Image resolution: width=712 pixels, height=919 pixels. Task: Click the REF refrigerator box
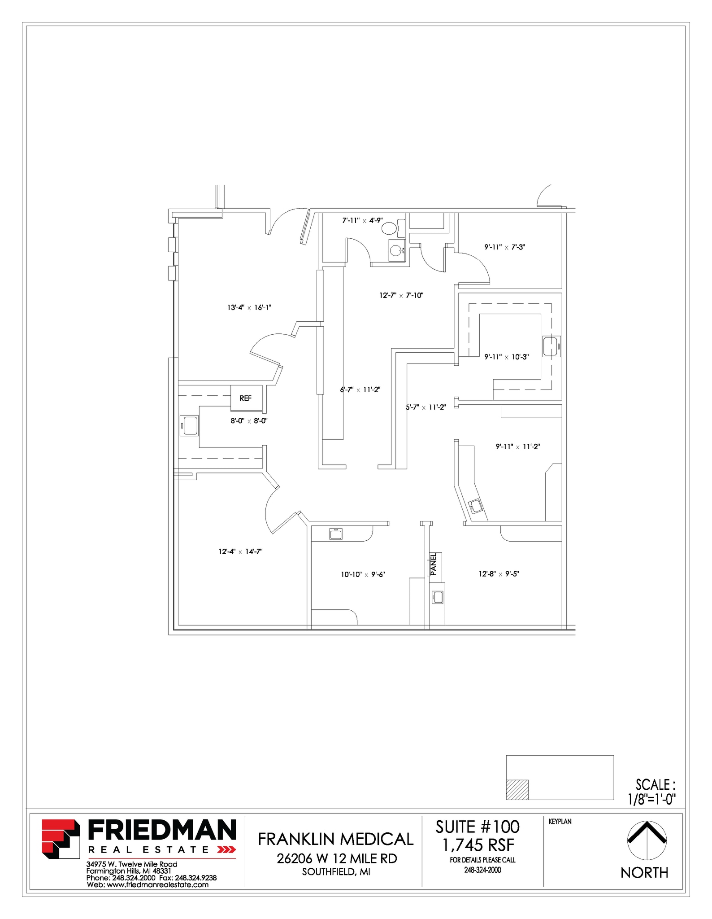(x=246, y=398)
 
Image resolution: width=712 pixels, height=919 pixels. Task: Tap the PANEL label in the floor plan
(x=434, y=564)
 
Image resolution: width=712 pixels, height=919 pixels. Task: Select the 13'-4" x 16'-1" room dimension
(x=249, y=307)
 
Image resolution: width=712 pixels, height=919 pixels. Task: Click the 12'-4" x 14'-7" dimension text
(x=240, y=551)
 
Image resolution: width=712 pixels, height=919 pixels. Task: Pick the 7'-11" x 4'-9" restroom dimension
(x=362, y=220)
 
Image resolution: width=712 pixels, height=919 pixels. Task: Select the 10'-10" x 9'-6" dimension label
(x=363, y=574)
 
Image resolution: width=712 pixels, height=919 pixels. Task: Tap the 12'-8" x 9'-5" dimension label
(x=499, y=573)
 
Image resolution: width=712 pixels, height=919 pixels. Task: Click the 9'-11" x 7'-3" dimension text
(x=504, y=247)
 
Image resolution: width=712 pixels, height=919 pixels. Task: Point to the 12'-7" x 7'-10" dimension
(x=401, y=295)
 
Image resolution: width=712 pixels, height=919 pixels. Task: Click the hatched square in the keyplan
(x=517, y=790)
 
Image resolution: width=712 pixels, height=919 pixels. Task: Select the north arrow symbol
(x=647, y=839)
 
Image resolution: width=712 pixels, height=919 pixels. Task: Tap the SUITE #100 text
(x=478, y=827)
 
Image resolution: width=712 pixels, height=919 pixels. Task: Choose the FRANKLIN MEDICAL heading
(x=335, y=839)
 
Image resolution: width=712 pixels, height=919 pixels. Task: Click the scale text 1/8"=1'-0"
(x=652, y=799)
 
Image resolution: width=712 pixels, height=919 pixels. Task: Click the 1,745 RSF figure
(x=478, y=845)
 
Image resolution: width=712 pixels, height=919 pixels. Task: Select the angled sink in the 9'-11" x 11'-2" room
(x=476, y=507)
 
